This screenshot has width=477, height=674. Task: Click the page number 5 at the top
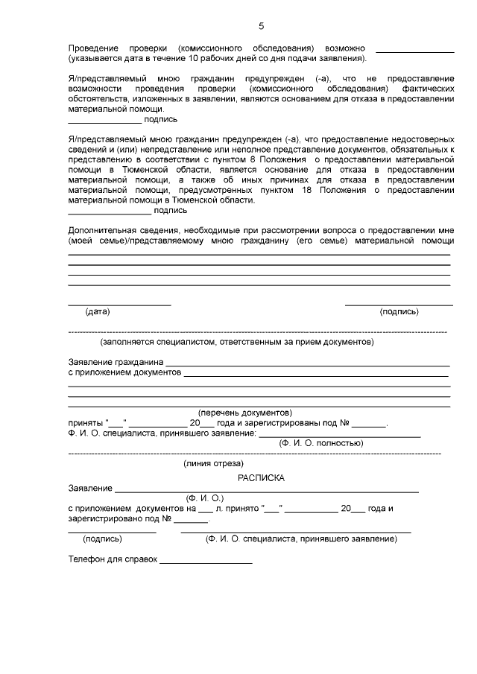point(261,27)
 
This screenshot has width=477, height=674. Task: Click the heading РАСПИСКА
point(261,477)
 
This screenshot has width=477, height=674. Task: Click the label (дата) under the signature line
point(98,311)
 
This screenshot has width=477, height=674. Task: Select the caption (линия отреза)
point(214,463)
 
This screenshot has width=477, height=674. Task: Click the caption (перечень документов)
point(244,413)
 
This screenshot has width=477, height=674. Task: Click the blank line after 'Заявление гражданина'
point(308,364)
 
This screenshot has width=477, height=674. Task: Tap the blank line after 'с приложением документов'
point(316,375)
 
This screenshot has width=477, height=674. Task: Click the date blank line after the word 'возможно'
point(415,51)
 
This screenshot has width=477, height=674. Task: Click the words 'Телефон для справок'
point(113,559)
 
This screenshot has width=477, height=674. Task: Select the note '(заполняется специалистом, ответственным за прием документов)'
point(237,343)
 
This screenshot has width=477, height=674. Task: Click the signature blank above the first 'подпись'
point(104,120)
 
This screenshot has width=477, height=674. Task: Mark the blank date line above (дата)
point(119,303)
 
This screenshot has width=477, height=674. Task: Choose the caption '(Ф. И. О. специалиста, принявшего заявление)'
point(300,538)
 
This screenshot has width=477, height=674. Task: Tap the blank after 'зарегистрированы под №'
point(369,424)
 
